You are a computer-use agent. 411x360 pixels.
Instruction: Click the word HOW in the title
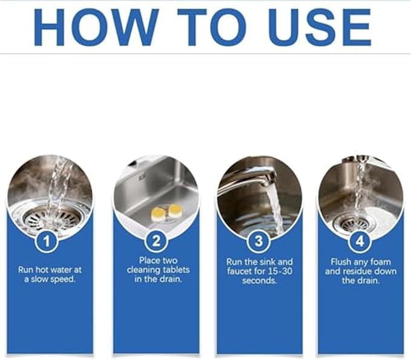pyautogui.click(x=96, y=27)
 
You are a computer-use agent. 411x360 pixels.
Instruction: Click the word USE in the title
pyautogui.click(x=319, y=27)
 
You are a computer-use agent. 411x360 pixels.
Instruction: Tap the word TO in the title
pyautogui.click(x=212, y=27)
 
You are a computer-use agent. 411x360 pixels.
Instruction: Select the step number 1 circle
pyautogui.click(x=47, y=241)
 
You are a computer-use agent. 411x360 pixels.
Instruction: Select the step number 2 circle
pyautogui.click(x=156, y=241)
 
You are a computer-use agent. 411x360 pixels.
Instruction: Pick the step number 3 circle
pyautogui.click(x=258, y=241)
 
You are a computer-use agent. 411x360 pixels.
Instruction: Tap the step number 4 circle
pyautogui.click(x=360, y=241)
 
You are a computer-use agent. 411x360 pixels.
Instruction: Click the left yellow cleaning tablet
pyautogui.click(x=158, y=213)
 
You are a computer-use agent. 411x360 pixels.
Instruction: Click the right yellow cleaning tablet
pyautogui.click(x=175, y=211)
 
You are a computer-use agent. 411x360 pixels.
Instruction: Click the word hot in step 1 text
pyautogui.click(x=43, y=270)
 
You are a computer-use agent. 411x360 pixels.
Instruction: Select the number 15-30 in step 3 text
pyautogui.click(x=280, y=271)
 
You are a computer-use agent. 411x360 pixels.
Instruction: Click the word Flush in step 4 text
pyautogui.click(x=341, y=262)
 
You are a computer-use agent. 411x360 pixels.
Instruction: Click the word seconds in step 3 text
pyautogui.click(x=259, y=281)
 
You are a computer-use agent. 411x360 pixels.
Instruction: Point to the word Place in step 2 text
pyautogui.click(x=150, y=260)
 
